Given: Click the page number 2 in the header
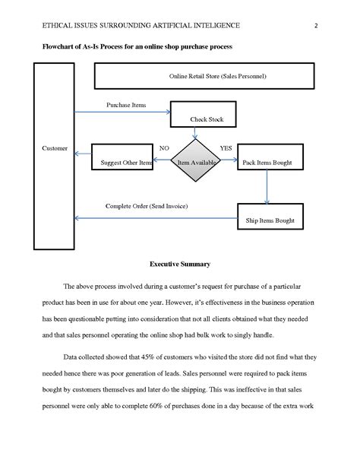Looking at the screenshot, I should (x=315, y=25).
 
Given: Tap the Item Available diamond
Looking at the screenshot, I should (x=196, y=162).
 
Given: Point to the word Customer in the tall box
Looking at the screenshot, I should (x=55, y=148).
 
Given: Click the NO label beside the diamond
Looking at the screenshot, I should (x=163, y=147).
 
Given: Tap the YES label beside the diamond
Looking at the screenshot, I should (x=226, y=147).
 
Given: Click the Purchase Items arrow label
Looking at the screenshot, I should (x=126, y=105).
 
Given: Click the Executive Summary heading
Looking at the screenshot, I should (x=180, y=264).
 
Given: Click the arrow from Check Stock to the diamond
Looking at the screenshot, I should (x=196, y=134).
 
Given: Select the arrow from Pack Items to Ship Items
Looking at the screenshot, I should (x=267, y=186).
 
